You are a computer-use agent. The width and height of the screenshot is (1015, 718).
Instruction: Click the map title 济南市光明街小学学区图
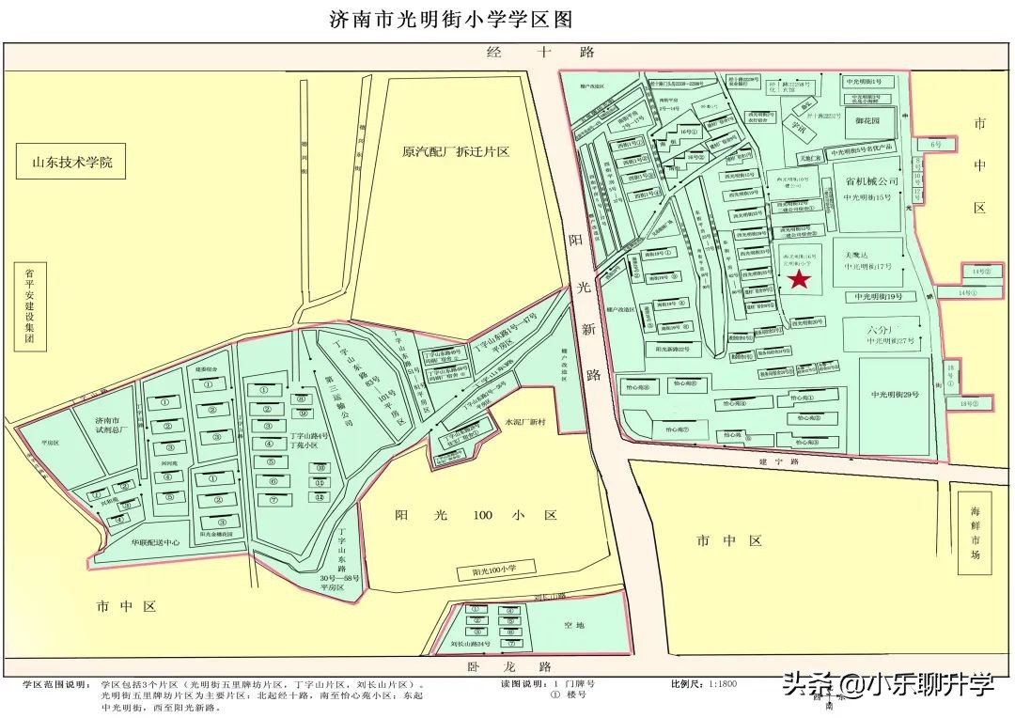click(451, 19)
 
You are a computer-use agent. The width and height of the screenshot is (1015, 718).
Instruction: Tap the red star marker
click(799, 279)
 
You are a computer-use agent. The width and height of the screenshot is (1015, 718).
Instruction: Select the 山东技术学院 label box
click(72, 163)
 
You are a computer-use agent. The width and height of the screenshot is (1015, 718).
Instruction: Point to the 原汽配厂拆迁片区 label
click(455, 151)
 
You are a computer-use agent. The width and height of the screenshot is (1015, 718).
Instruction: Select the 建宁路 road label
click(781, 462)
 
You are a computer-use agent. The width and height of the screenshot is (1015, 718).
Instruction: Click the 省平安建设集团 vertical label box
click(29, 308)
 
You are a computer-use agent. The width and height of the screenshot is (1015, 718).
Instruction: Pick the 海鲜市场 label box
click(976, 533)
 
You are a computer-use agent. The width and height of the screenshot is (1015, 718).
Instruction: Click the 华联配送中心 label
click(142, 542)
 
